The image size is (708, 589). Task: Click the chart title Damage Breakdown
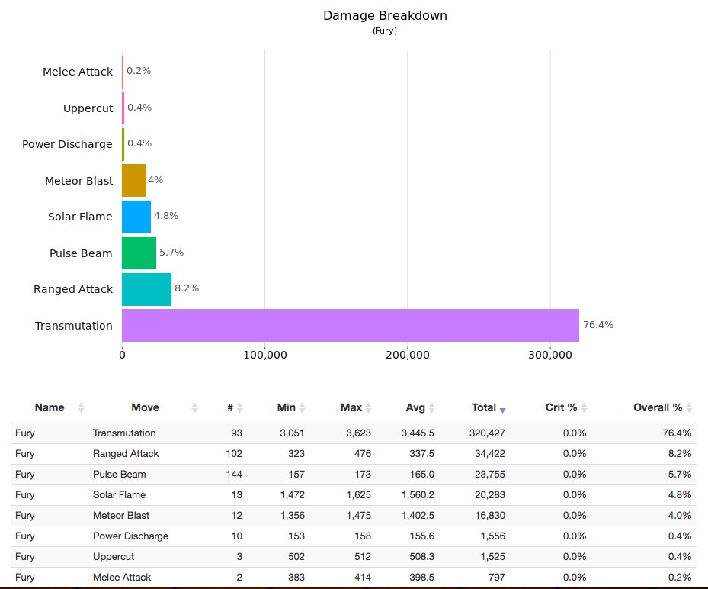pos(384,15)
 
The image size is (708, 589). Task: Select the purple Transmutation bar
pos(350,325)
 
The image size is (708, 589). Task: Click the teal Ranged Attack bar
pos(146,289)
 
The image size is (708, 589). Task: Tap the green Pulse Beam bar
pos(139,253)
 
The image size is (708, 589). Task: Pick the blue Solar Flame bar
pos(136,217)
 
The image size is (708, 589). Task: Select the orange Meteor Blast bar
pos(134,180)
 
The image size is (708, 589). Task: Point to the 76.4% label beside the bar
pos(598,324)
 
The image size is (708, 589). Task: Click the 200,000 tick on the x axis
pos(408,355)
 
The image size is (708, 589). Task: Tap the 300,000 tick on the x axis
pos(550,355)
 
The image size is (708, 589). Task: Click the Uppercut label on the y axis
pos(88,108)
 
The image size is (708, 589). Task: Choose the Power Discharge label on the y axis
pos(67,144)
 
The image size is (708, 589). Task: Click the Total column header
pos(484,408)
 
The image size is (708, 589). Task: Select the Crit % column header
pos(561,408)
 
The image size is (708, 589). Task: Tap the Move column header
pos(145,408)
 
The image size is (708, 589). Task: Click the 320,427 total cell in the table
pos(484,433)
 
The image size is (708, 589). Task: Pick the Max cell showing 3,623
pos(357,433)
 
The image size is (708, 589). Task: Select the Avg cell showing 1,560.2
pos(418,495)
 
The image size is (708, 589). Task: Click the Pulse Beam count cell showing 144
pos(233,475)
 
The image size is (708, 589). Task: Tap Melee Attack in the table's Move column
pos(122,578)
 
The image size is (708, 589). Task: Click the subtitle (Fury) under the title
pos(384,31)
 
